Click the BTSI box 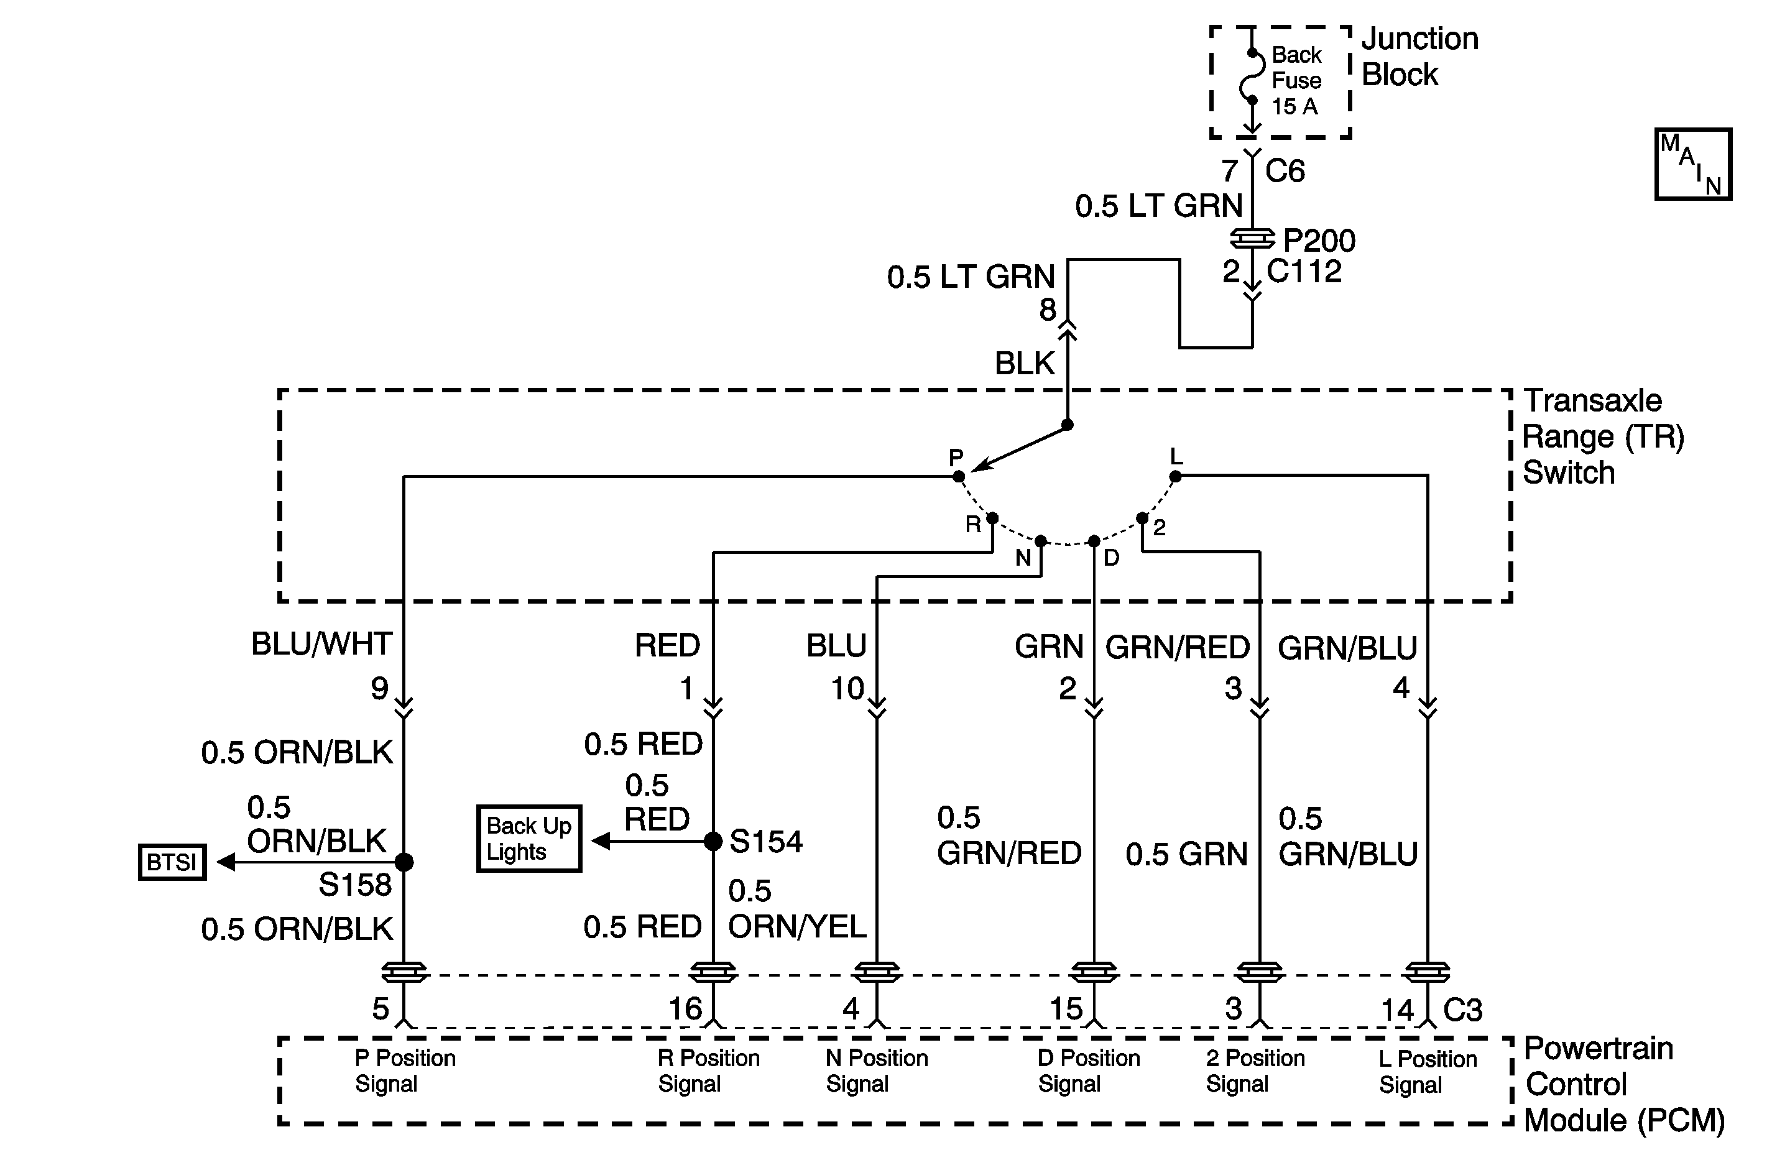coord(172,862)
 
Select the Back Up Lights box coord(528,839)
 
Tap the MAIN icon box coord(1693,163)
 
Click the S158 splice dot coord(404,862)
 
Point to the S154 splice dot coord(713,841)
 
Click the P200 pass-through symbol coord(1252,239)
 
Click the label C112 coord(1304,272)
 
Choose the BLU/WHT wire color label coord(321,644)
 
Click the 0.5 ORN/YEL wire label coord(796,909)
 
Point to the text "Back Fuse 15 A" coord(1296,80)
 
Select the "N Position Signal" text coord(876,1070)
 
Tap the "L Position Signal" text coord(1428,1071)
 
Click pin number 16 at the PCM coord(685,1009)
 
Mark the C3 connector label coord(1463,1010)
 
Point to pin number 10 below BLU coord(847,689)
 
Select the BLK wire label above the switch coord(1025,363)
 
